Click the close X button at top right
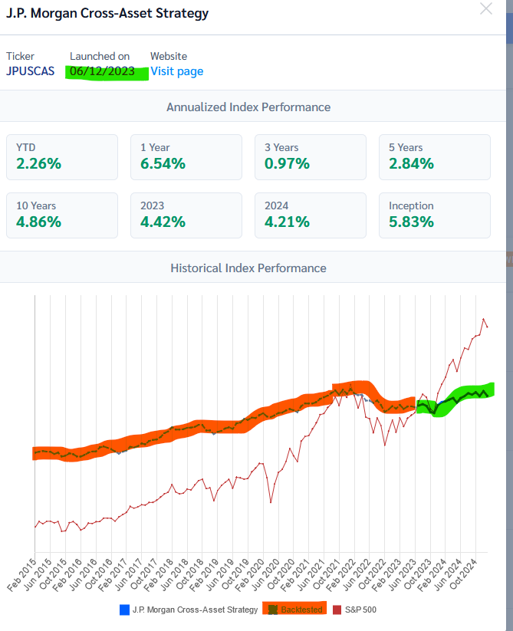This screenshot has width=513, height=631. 486,9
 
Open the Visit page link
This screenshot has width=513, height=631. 176,71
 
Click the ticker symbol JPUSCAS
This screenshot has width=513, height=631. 31,71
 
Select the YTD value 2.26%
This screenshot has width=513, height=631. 38,163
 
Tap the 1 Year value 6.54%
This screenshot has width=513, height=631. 162,163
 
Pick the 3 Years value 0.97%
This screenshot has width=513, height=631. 286,163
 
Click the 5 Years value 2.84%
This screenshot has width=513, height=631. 411,163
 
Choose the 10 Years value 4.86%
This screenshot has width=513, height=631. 38,222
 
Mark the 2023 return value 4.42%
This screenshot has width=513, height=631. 162,222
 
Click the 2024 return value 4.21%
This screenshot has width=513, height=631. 285,222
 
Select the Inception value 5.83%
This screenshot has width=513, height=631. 411,222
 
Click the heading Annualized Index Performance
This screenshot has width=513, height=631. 248,107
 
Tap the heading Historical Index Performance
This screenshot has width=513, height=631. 248,268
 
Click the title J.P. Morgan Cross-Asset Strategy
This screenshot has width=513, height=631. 107,13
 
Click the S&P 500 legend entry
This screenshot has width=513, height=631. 359,610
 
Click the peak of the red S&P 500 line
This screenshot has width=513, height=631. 483,319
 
